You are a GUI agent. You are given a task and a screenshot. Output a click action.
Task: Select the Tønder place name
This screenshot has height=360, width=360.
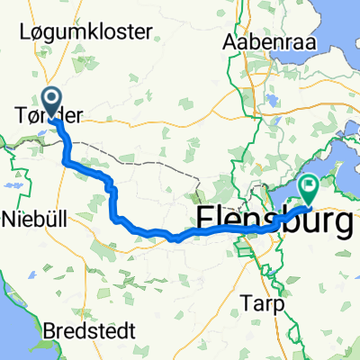(54, 114)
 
